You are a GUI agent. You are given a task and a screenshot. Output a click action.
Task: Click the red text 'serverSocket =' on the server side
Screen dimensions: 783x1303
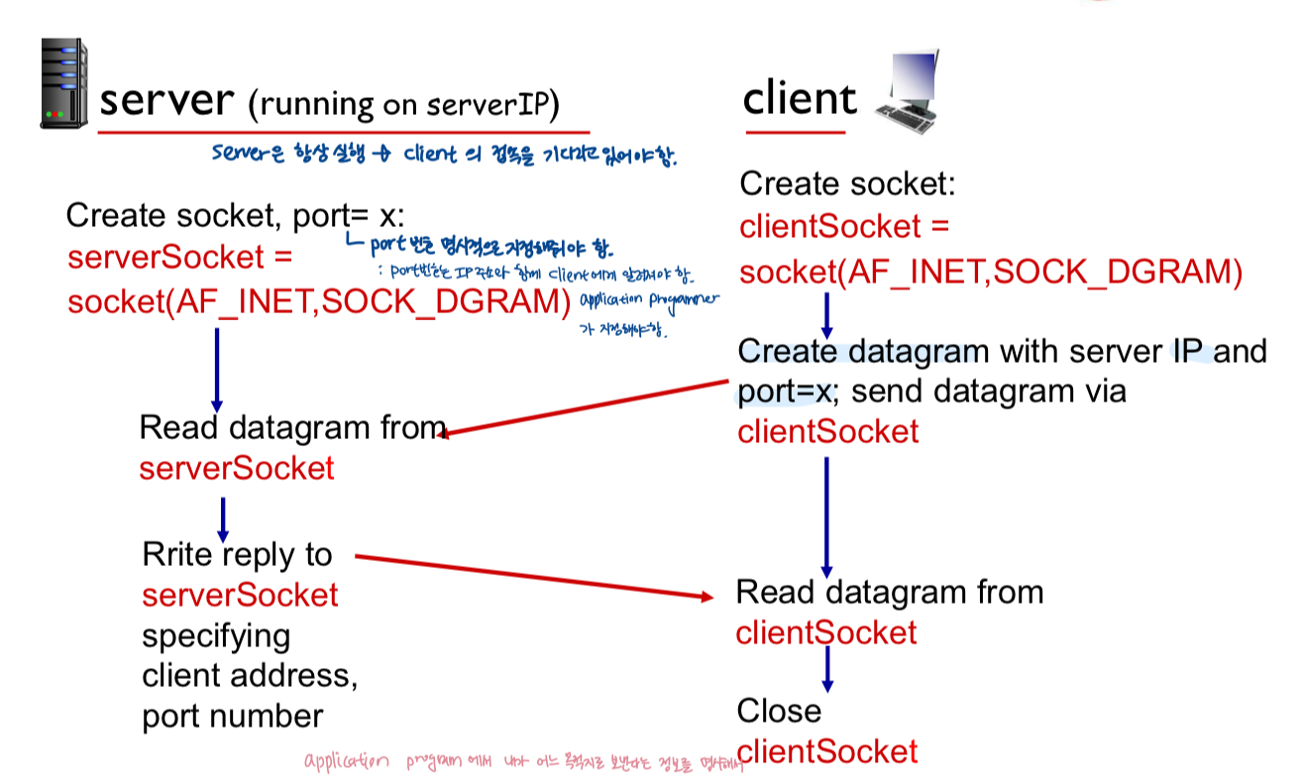tap(180, 258)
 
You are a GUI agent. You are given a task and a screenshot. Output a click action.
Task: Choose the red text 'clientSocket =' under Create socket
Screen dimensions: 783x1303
tap(844, 227)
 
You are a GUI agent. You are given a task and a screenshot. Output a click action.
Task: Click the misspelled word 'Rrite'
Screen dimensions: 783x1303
tap(179, 554)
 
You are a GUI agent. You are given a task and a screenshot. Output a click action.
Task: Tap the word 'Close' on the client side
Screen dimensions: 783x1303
tap(779, 711)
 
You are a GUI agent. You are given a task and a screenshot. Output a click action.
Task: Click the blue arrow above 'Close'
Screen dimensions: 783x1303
tap(827, 670)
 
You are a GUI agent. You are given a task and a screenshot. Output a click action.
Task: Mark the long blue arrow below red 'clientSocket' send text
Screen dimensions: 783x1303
tap(826, 516)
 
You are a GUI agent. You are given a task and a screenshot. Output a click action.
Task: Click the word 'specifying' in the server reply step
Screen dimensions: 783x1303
tap(216, 635)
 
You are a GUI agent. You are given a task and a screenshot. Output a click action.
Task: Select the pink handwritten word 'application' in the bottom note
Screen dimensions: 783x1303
tap(348, 763)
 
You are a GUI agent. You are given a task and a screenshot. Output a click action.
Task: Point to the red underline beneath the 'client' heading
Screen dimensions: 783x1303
tap(795, 131)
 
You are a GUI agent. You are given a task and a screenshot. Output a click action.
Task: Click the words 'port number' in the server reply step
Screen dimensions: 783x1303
tap(233, 717)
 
